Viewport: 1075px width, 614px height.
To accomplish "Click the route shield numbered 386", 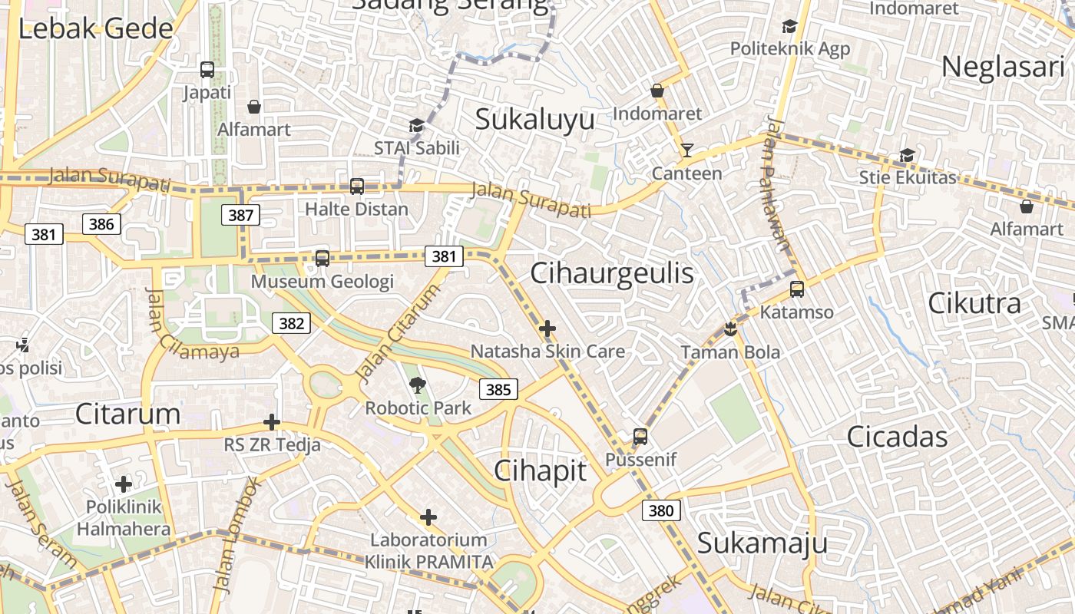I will [x=101, y=223].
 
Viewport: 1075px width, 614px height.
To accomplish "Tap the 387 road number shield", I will [x=241, y=215].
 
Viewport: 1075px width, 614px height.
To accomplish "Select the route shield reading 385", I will [x=498, y=389].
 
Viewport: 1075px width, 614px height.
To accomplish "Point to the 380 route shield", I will [x=661, y=510].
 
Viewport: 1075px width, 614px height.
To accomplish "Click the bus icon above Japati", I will [x=207, y=70].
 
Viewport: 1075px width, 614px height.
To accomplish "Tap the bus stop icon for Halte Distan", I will [x=356, y=187].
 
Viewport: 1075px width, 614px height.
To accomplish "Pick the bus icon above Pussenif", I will [x=640, y=437].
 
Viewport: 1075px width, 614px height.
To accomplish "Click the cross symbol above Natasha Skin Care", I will [x=547, y=329].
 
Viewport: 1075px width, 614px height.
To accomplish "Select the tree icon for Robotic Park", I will [x=418, y=385].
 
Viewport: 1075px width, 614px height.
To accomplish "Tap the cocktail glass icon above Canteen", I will [x=686, y=150].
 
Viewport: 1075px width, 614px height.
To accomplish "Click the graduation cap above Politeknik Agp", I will [x=789, y=27].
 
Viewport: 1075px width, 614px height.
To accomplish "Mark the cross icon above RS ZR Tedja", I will [x=272, y=422].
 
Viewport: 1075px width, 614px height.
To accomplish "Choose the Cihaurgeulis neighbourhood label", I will [x=612, y=273].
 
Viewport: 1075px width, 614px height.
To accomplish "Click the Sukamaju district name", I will [x=762, y=543].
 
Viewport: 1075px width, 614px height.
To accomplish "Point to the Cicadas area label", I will [x=897, y=437].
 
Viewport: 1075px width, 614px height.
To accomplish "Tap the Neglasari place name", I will [x=1003, y=67].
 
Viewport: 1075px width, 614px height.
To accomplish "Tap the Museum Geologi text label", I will [x=322, y=281].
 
